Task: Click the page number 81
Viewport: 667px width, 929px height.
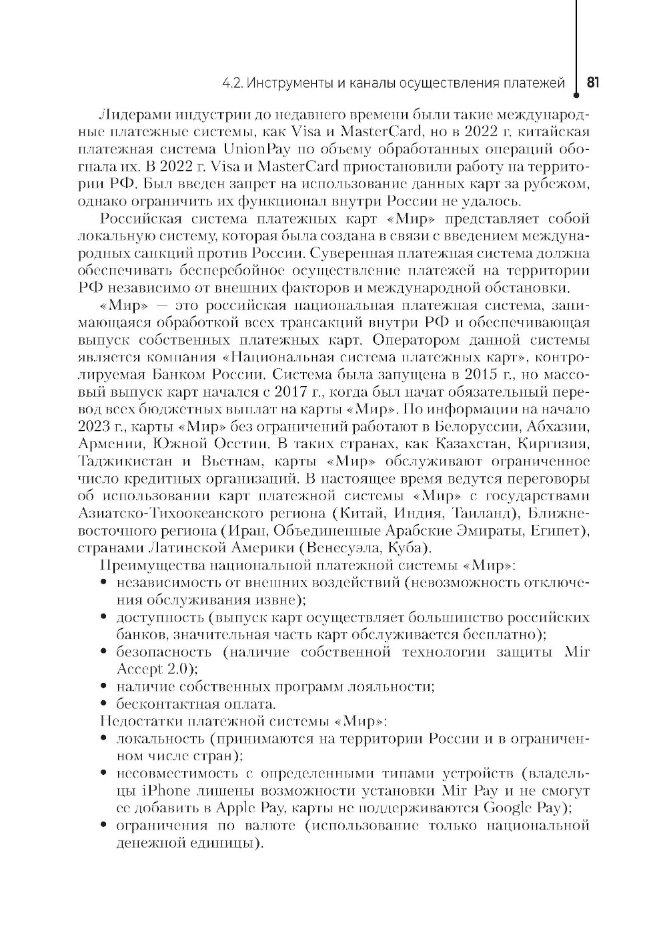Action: click(x=593, y=83)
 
